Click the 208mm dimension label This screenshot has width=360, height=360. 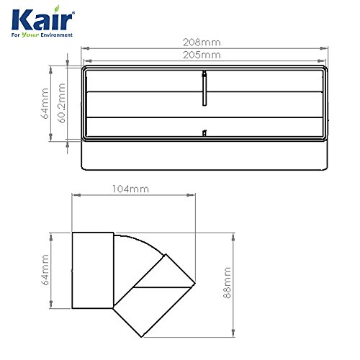pos(202,42)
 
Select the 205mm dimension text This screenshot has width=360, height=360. pos(202,55)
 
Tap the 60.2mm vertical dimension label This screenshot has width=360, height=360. pos(62,103)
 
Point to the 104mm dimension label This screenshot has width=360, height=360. pos(131,189)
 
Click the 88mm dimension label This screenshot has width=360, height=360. pos(227,282)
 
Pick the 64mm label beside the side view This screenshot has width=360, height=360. pos(45,269)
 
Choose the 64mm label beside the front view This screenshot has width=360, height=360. pos(45,103)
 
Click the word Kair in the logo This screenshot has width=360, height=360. pos(42,20)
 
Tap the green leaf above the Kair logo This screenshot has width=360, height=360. pos(57,9)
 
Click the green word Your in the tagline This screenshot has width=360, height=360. pos(30,35)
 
